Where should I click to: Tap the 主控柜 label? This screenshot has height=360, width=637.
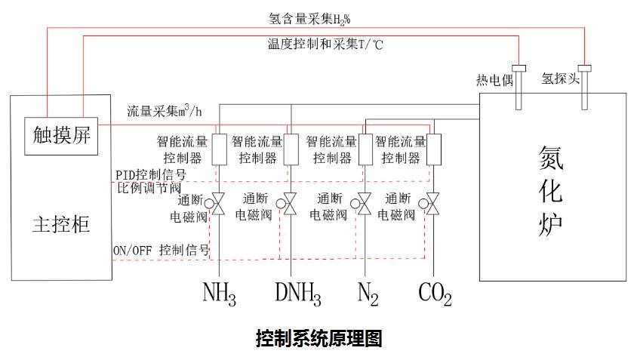pyautogui.click(x=63, y=224)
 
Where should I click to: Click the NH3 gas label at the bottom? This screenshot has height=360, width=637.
pyautogui.click(x=219, y=294)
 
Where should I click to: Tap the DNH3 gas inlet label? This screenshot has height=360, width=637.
pyautogui.click(x=297, y=294)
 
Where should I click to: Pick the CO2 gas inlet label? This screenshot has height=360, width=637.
pyautogui.click(x=435, y=294)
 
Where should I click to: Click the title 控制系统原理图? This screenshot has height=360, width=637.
pyautogui.click(x=318, y=337)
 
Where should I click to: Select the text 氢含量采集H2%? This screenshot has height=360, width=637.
pyautogui.click(x=309, y=17)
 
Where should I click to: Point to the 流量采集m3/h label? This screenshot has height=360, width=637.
pyautogui.click(x=165, y=112)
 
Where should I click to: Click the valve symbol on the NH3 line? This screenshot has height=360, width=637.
pyautogui.click(x=219, y=205)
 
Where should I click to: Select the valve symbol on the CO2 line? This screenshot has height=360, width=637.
pyautogui.click(x=434, y=205)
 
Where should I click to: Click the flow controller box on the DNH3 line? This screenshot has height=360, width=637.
pyautogui.click(x=291, y=149)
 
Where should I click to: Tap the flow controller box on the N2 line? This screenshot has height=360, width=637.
pyautogui.click(x=365, y=149)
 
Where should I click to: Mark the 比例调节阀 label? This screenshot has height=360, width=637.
pyautogui.click(x=149, y=187)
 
